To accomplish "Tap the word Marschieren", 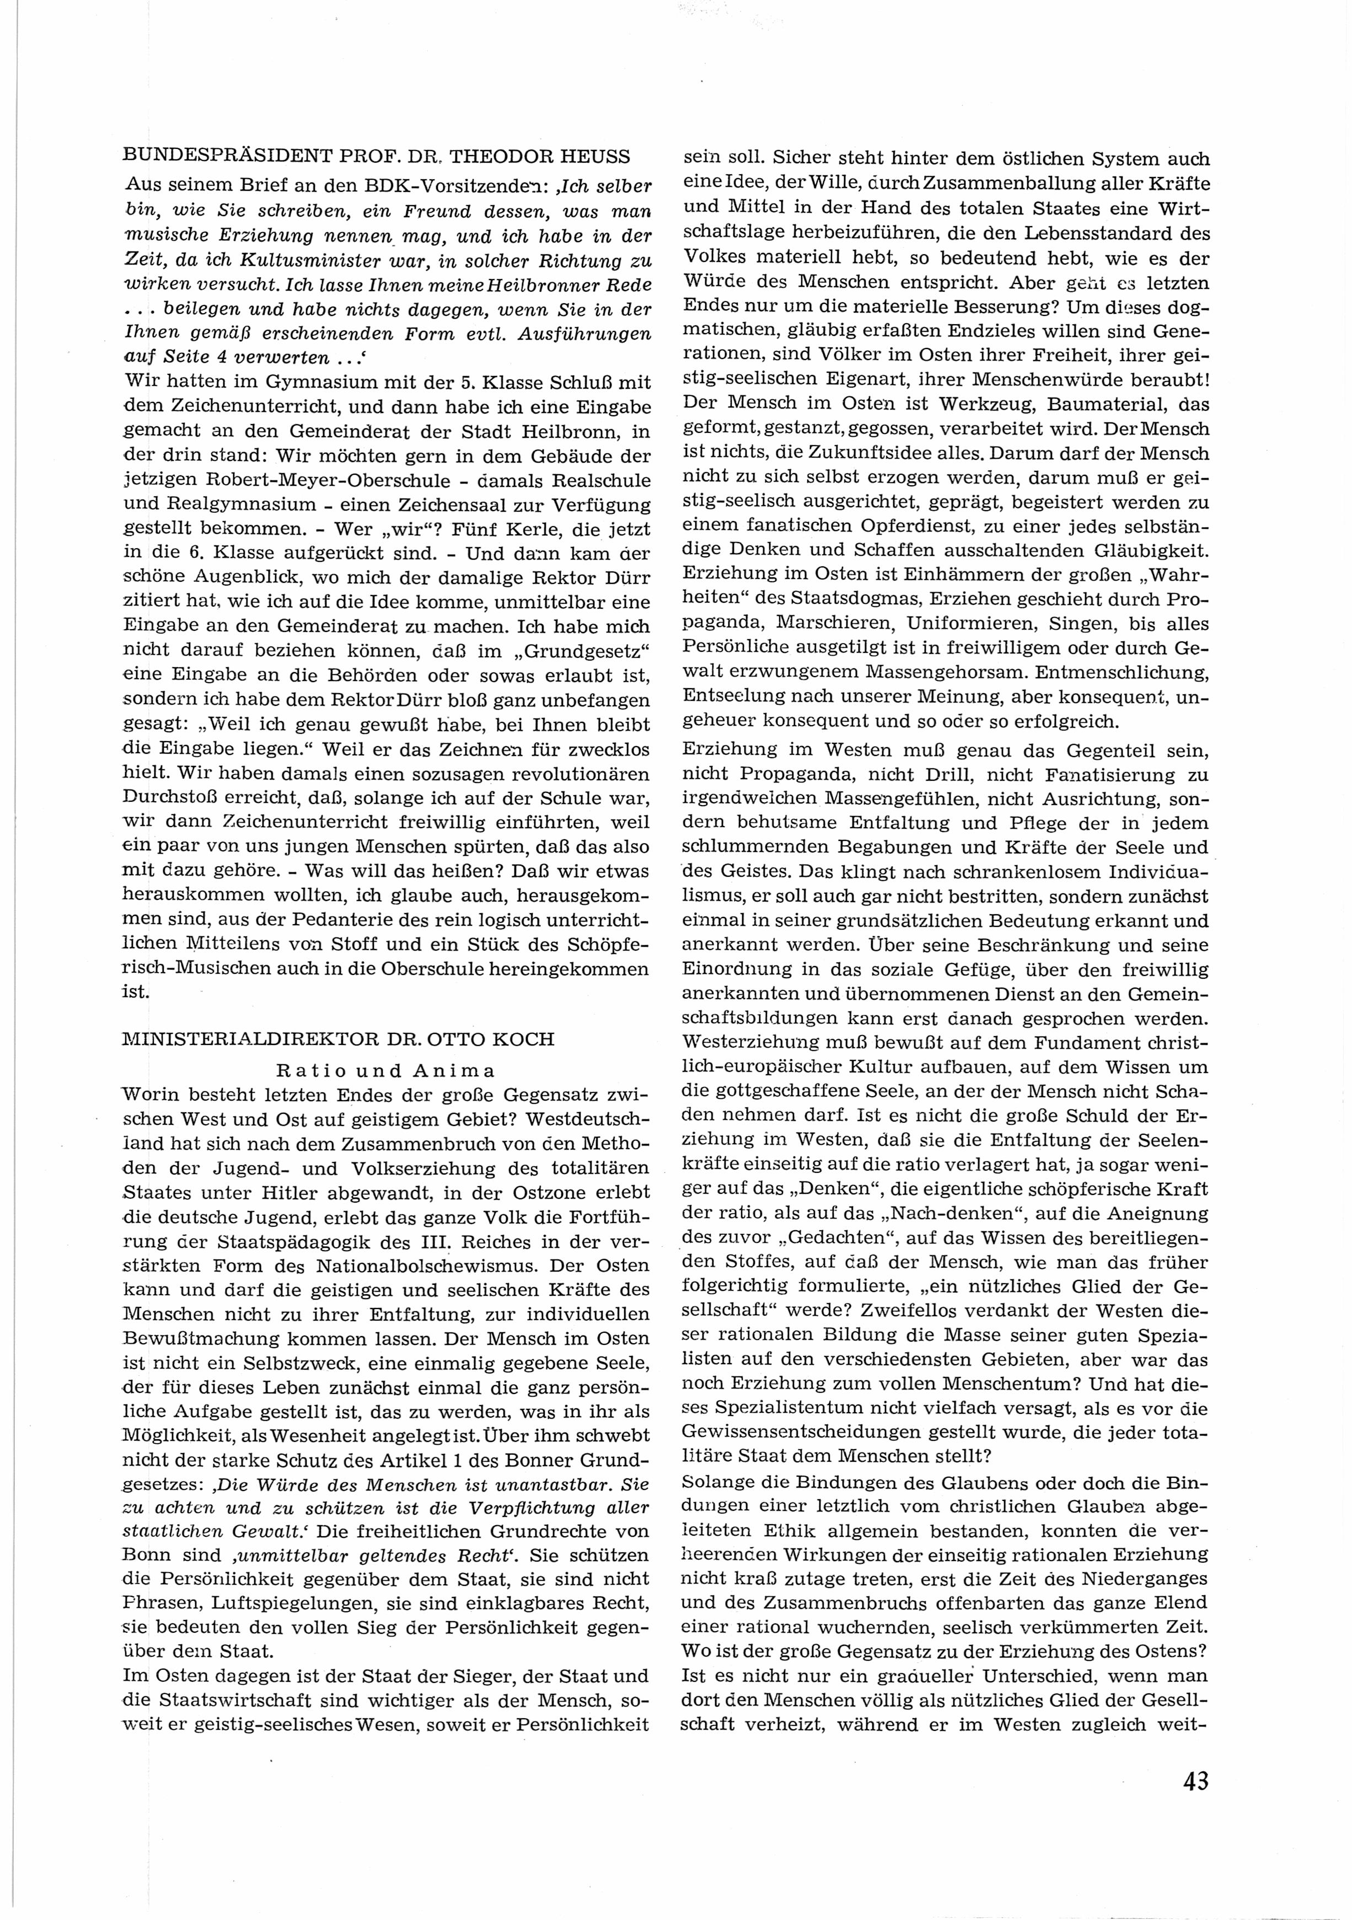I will (x=834, y=623).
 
